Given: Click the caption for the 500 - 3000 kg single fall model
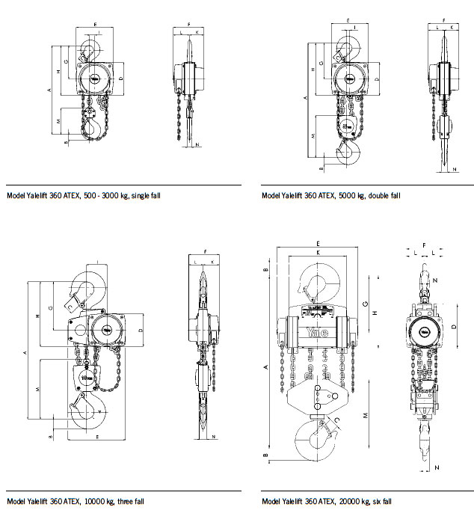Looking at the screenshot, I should click(83, 196).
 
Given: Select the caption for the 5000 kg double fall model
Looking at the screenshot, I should click(331, 196).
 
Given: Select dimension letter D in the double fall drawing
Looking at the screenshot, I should click(378, 79).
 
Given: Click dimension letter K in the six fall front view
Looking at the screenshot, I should click(318, 253).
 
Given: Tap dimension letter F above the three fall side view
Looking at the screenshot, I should click(206, 254).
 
